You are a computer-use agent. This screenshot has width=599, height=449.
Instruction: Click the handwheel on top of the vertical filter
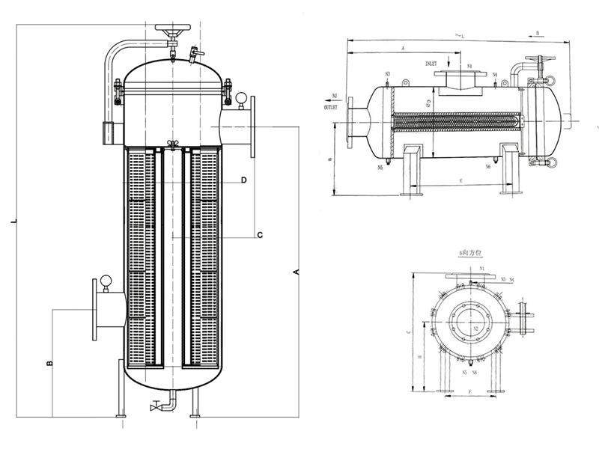click(x=171, y=31)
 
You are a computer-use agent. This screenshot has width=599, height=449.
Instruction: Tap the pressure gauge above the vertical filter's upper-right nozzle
click(x=242, y=97)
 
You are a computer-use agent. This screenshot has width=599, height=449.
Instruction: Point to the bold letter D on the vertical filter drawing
click(x=243, y=180)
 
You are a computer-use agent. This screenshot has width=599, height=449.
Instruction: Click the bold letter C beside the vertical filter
click(x=259, y=236)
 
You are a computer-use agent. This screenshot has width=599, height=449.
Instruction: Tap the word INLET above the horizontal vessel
click(x=435, y=65)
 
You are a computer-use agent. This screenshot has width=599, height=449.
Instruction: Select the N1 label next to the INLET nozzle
click(x=469, y=67)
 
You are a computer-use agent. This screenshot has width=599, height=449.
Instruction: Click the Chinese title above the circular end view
click(x=472, y=255)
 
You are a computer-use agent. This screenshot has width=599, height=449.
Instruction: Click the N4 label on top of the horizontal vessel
click(x=496, y=75)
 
